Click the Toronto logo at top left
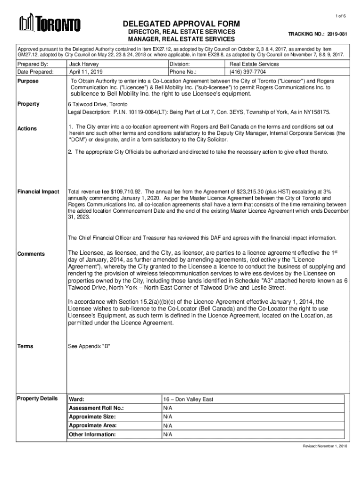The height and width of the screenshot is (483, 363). (49, 24)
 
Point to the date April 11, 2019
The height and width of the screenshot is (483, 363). (86, 72)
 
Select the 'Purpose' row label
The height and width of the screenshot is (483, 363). (28, 81)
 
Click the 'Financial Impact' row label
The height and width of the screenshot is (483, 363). (38, 192)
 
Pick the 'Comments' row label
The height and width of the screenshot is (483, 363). (31, 254)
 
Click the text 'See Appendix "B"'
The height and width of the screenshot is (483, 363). (89, 346)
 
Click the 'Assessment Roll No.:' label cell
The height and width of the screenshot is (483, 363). (99, 408)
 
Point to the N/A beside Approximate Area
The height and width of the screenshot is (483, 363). (168, 425)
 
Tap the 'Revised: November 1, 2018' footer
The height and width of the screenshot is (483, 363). (324, 446)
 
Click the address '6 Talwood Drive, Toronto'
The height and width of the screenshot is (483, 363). (97, 104)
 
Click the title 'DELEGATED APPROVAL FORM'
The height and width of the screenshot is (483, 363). (181, 24)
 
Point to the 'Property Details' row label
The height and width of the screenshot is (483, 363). (37, 399)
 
